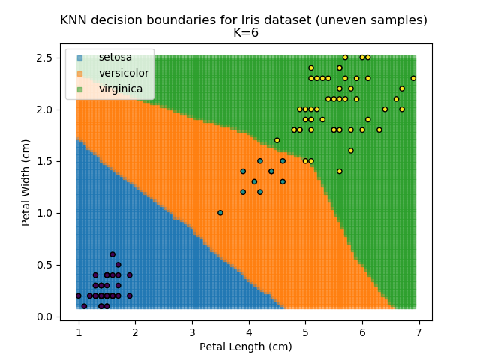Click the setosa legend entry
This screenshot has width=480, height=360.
point(115,57)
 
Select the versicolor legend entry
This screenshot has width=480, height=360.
point(124,73)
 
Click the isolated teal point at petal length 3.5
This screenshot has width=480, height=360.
point(220,213)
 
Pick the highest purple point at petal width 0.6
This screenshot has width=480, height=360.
point(112,254)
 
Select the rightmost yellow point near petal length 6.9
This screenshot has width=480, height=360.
point(413,78)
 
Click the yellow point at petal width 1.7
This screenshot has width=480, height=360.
point(277,140)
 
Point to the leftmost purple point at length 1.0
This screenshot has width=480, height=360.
point(79,295)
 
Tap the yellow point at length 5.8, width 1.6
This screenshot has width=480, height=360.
point(351,151)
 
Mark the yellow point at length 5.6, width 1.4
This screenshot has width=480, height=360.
point(340,172)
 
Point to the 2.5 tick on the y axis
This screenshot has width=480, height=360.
point(46,58)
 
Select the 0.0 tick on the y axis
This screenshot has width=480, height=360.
point(46,316)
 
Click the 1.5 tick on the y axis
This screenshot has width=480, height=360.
point(46,161)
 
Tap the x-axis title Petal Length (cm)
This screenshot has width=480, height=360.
point(245,346)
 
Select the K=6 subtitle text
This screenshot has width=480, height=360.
point(244,33)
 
